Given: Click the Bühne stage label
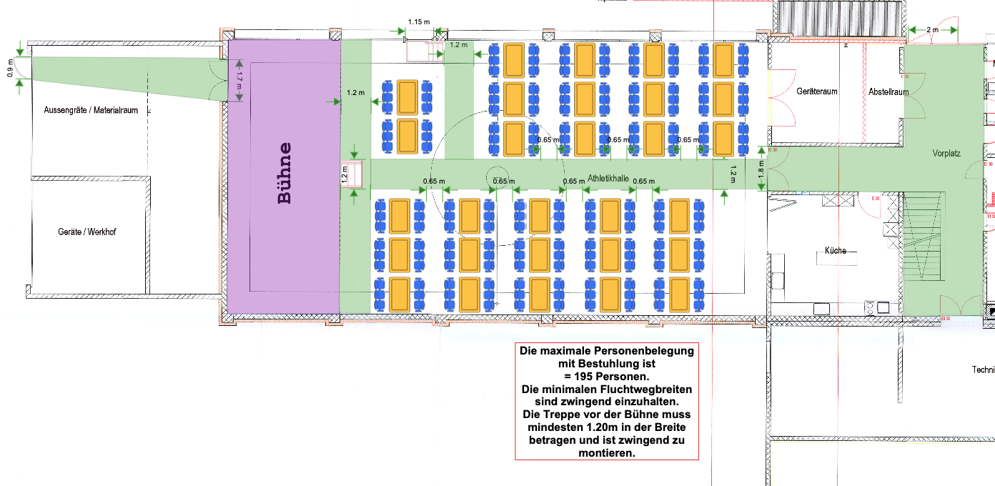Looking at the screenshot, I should pos(284,174).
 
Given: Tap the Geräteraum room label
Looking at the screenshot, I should pos(816,91).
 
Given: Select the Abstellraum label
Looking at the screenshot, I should pos(888,92).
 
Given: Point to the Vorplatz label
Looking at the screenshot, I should pos(946,154).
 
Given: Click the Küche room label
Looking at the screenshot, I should pos(836,251).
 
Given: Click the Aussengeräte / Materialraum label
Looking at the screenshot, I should pos(90,110).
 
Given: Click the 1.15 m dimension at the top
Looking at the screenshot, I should pos(419,21).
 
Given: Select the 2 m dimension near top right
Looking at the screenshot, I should pos(932,29).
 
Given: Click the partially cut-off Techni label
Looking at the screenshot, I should pos(982,370).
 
